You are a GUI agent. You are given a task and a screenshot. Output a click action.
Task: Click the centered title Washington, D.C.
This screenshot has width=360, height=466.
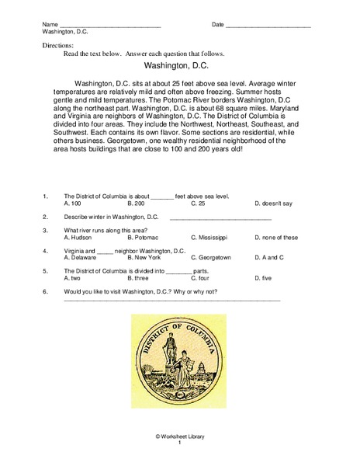[x=179, y=67]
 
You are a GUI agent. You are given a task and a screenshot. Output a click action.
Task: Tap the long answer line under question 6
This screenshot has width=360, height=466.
[x=171, y=300]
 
